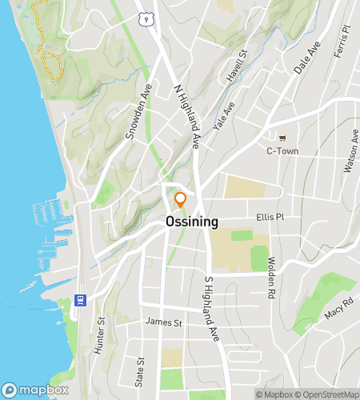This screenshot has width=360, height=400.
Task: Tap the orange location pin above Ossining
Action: [181, 199]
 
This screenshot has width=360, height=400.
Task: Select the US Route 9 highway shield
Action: [144, 17]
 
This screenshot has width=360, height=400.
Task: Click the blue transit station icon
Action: [80, 300]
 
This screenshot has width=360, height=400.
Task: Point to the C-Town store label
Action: [282, 150]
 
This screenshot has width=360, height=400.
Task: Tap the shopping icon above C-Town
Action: [282, 136]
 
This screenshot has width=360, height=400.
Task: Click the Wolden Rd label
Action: [272, 274]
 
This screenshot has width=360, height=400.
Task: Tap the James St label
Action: [164, 322]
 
